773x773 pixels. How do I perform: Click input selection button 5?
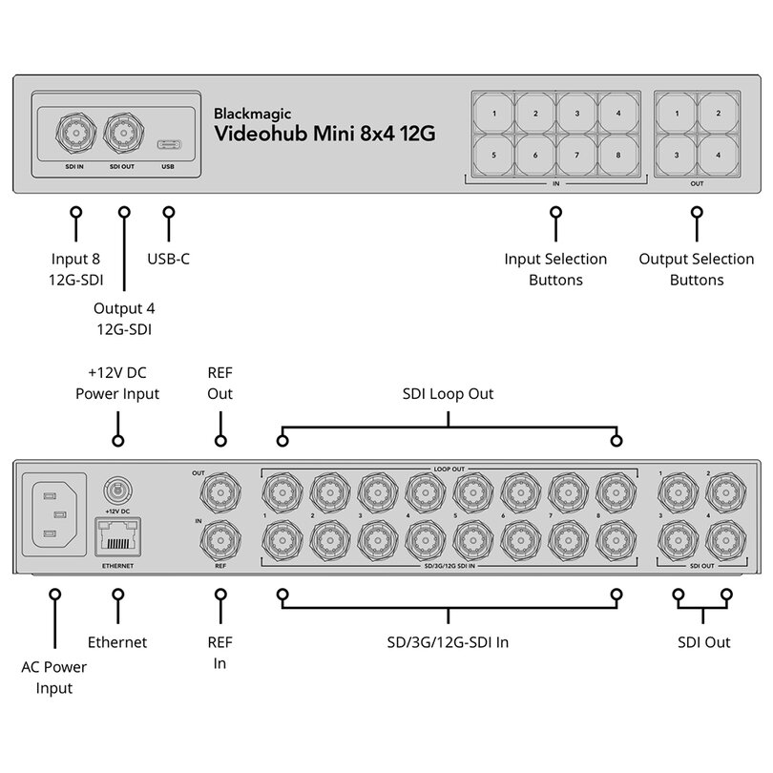point(493,156)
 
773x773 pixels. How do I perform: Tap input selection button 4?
point(618,114)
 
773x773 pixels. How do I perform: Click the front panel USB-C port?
point(169,145)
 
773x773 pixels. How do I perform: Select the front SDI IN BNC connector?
point(76,133)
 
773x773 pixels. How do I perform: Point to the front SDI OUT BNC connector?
point(124,133)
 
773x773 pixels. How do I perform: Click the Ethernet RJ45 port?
point(117,539)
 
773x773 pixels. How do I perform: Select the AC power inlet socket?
point(54,514)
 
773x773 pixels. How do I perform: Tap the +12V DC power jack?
point(117,491)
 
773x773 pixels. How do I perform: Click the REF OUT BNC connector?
point(220,492)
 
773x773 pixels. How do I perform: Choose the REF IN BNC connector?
point(220,540)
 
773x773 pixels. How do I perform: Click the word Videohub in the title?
point(261,133)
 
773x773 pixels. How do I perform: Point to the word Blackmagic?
point(252,114)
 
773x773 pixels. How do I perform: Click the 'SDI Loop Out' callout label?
point(448,394)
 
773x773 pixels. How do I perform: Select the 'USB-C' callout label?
point(169,259)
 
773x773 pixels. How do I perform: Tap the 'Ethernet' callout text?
point(117,642)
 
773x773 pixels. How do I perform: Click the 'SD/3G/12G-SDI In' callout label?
point(448,642)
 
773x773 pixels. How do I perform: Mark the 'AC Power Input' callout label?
point(54,678)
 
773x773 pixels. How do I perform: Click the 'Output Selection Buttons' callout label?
point(697,269)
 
